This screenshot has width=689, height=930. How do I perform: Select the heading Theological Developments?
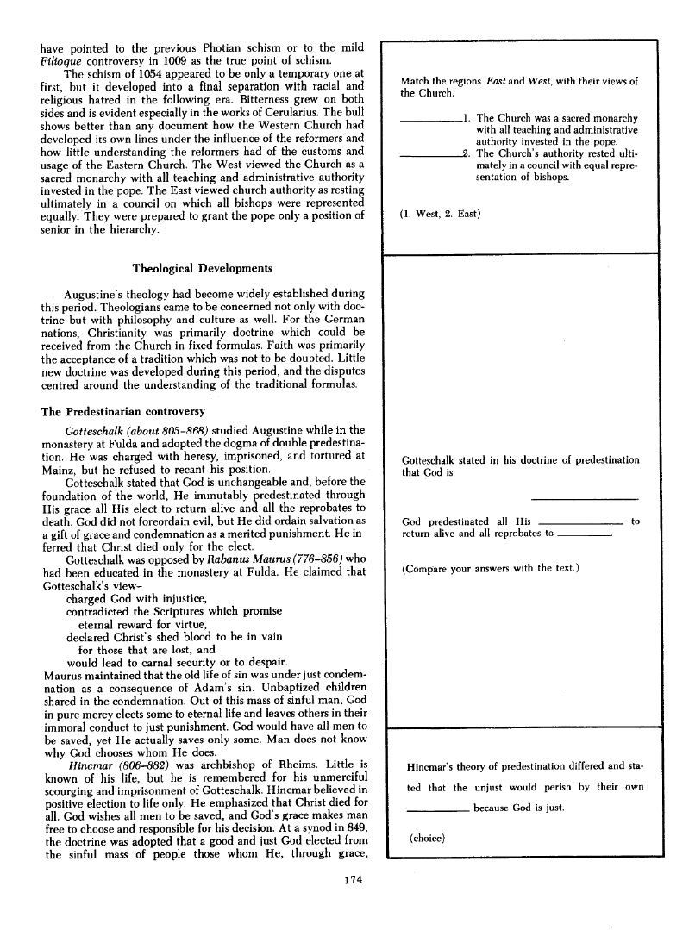pyautogui.click(x=202, y=268)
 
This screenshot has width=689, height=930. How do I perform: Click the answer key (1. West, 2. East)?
pyautogui.click(x=441, y=213)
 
